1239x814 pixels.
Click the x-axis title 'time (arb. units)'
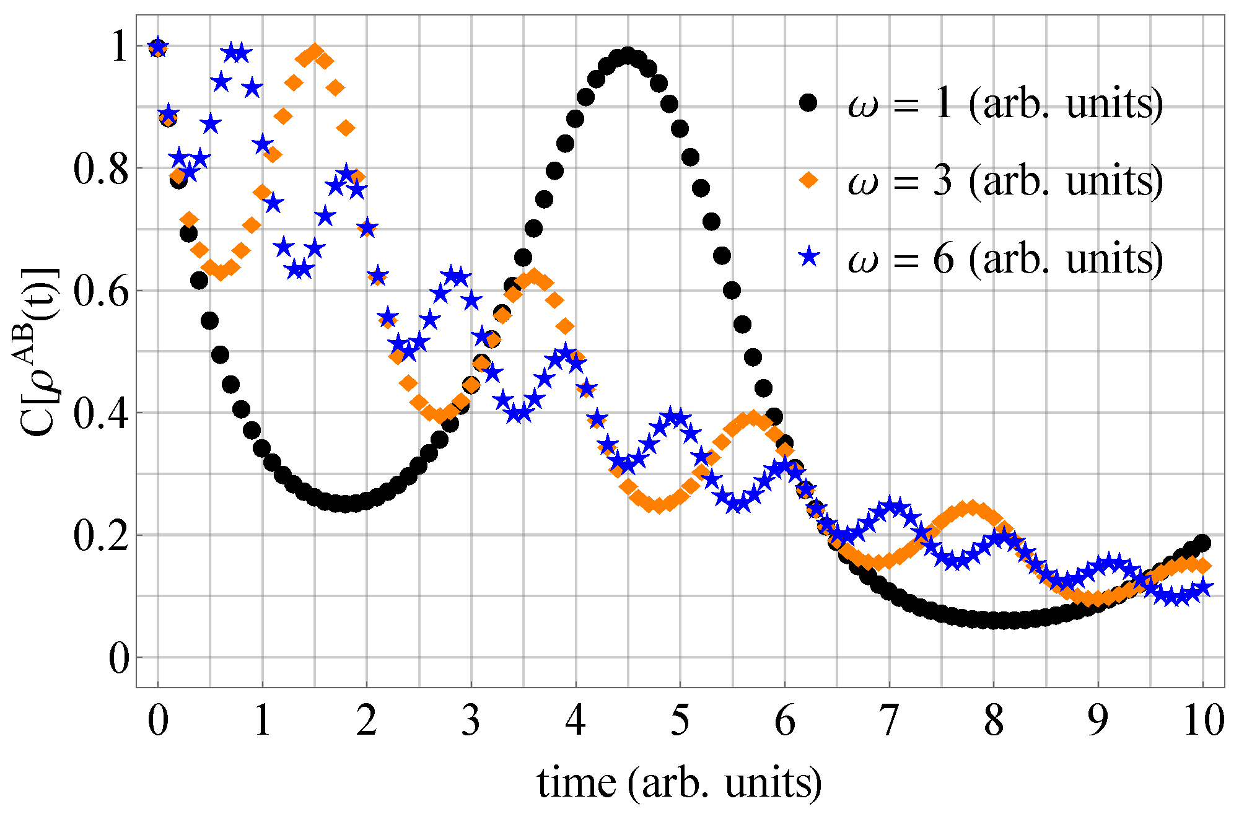point(680,783)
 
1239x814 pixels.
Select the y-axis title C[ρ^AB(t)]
point(38,352)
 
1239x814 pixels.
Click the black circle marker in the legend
point(808,102)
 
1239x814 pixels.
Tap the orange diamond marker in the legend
point(808,180)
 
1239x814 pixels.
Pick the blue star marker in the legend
point(808,256)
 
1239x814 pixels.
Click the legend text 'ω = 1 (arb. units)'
point(1005,103)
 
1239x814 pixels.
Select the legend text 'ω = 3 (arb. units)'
point(1005,181)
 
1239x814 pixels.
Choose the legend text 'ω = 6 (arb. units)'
point(1005,258)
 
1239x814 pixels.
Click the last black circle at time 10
point(1203,543)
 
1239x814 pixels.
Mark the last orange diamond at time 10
point(1203,566)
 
